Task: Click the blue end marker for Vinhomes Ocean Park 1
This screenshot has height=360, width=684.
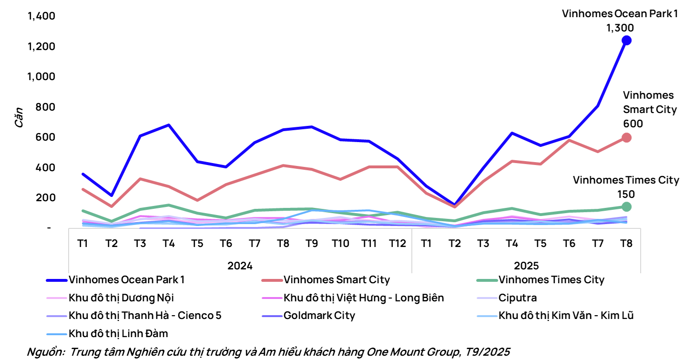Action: (x=626, y=41)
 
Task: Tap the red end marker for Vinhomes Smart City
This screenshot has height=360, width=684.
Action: (x=626, y=137)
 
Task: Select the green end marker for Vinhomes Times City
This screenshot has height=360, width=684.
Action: (x=626, y=206)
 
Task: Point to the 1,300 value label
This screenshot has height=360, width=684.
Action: (x=620, y=28)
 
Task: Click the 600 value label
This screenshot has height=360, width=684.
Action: (x=633, y=123)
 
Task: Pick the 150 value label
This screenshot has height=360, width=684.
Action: (x=626, y=194)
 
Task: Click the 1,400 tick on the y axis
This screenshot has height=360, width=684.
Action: (x=42, y=16)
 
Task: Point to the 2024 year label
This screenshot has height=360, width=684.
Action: (x=240, y=265)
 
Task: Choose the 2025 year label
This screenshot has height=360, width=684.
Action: (x=526, y=265)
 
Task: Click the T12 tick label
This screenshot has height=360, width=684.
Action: (x=397, y=244)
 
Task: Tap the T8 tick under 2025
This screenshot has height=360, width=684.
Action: (x=626, y=244)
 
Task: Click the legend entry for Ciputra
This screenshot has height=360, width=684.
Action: (x=518, y=298)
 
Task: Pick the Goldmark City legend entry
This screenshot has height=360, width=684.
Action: (x=319, y=315)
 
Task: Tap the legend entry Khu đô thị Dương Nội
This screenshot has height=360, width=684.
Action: (x=121, y=298)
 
